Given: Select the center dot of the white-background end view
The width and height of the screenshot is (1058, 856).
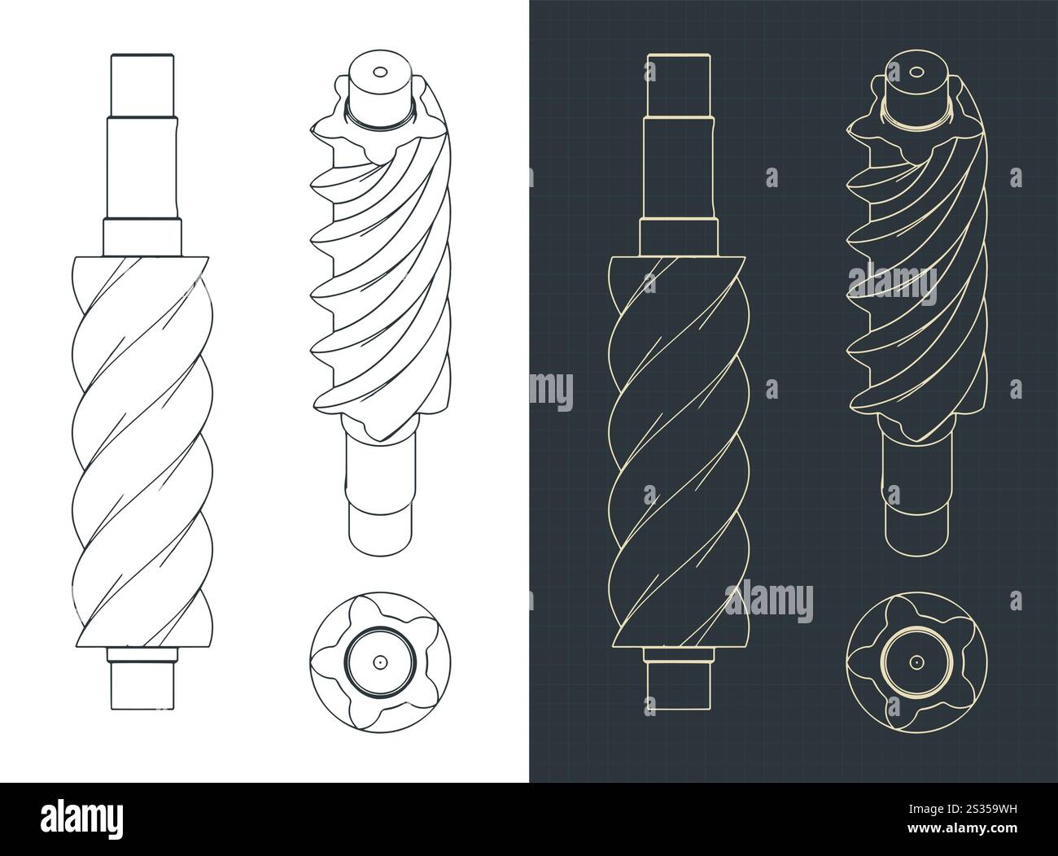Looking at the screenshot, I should click(x=379, y=662).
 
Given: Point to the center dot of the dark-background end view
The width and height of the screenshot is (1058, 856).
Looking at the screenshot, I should click(x=916, y=662).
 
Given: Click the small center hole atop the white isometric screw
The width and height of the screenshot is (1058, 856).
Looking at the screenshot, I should click(x=379, y=72).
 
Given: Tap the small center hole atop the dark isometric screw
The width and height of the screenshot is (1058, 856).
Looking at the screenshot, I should click(x=916, y=72).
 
